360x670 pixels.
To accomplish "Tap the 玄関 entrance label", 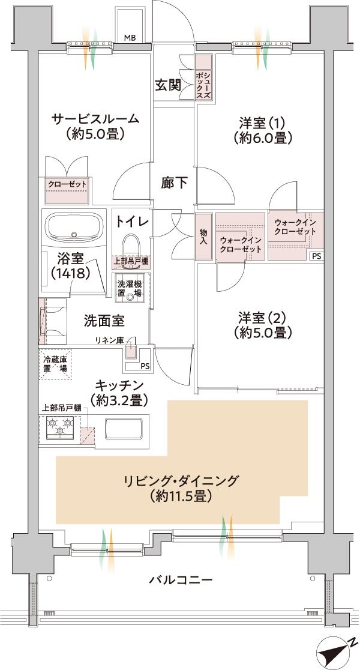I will tap(169, 85).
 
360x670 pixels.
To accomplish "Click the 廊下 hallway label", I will tap(174, 183).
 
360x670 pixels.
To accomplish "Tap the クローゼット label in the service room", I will tap(67, 184).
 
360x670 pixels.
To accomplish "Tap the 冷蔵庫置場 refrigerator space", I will tap(55, 364).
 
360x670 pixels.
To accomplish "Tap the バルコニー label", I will tap(181, 580).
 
